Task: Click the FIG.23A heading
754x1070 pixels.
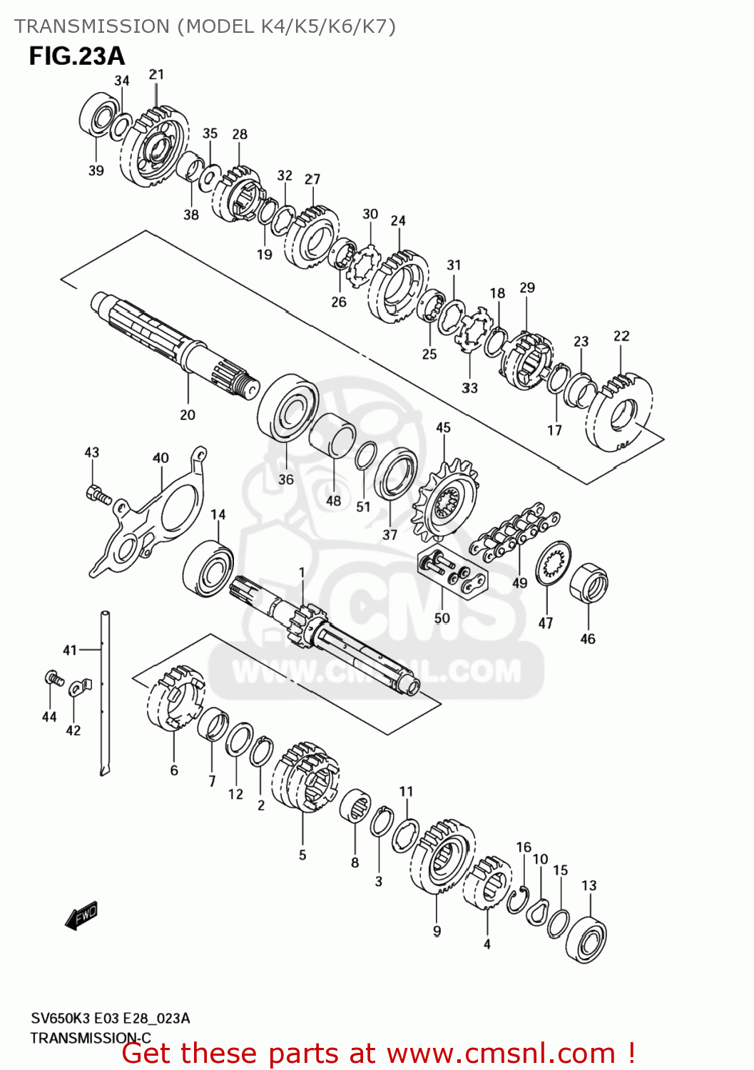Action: [x=76, y=56]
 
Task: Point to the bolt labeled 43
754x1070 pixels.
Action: [x=97, y=493]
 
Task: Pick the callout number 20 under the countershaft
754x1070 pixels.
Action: [x=188, y=414]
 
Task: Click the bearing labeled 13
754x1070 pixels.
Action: [x=586, y=939]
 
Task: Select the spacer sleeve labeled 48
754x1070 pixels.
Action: [x=333, y=434]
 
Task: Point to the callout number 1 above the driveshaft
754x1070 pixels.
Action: [x=302, y=572]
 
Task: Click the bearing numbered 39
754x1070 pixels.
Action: [x=98, y=113]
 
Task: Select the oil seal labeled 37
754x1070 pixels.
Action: [x=396, y=474]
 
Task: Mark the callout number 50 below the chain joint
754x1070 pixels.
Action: [x=442, y=618]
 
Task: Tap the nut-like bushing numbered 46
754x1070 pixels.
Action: [x=589, y=583]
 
